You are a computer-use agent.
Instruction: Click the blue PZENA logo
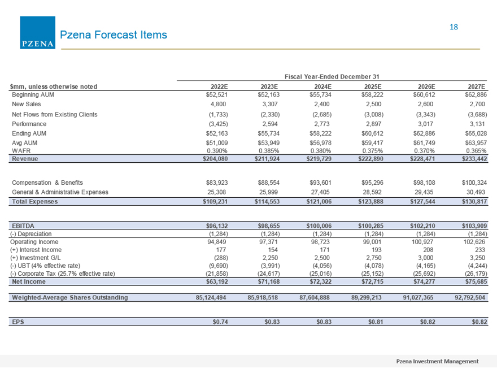(x=37, y=33)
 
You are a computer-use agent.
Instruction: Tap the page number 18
(x=454, y=27)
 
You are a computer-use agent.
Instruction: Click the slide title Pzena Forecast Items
(x=113, y=34)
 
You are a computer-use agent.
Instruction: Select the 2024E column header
(x=322, y=86)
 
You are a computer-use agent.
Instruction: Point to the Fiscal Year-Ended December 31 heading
(x=332, y=76)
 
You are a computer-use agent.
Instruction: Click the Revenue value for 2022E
(x=215, y=159)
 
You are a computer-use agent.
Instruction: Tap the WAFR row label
(x=21, y=151)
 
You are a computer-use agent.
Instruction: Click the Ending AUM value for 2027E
(x=476, y=133)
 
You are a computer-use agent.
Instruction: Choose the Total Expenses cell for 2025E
(x=370, y=201)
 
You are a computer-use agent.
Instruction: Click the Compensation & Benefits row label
(x=47, y=183)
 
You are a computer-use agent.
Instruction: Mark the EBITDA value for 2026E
(x=422, y=226)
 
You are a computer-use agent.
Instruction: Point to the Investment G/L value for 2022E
(x=221, y=258)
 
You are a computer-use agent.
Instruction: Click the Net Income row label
(x=29, y=281)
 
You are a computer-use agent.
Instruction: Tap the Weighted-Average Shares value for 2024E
(x=315, y=297)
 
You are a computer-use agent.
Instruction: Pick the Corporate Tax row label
(x=63, y=274)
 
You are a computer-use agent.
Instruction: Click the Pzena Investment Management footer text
(x=437, y=361)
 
